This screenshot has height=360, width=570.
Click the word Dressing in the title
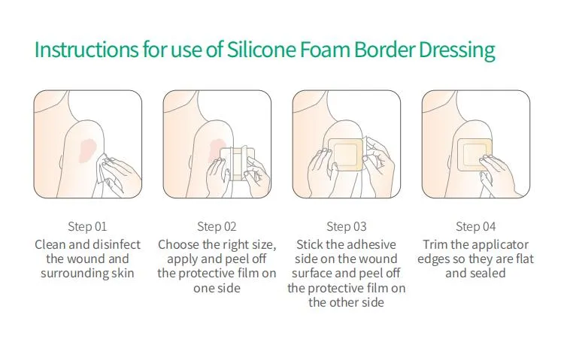tap(457, 51)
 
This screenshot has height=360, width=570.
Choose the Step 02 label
tap(217, 226)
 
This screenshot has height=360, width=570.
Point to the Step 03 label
tap(347, 226)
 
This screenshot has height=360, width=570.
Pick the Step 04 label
tap(476, 226)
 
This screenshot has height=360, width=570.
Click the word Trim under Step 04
tap(436, 245)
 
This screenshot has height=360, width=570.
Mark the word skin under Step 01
tap(123, 274)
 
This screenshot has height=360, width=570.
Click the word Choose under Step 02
tap(178, 245)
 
